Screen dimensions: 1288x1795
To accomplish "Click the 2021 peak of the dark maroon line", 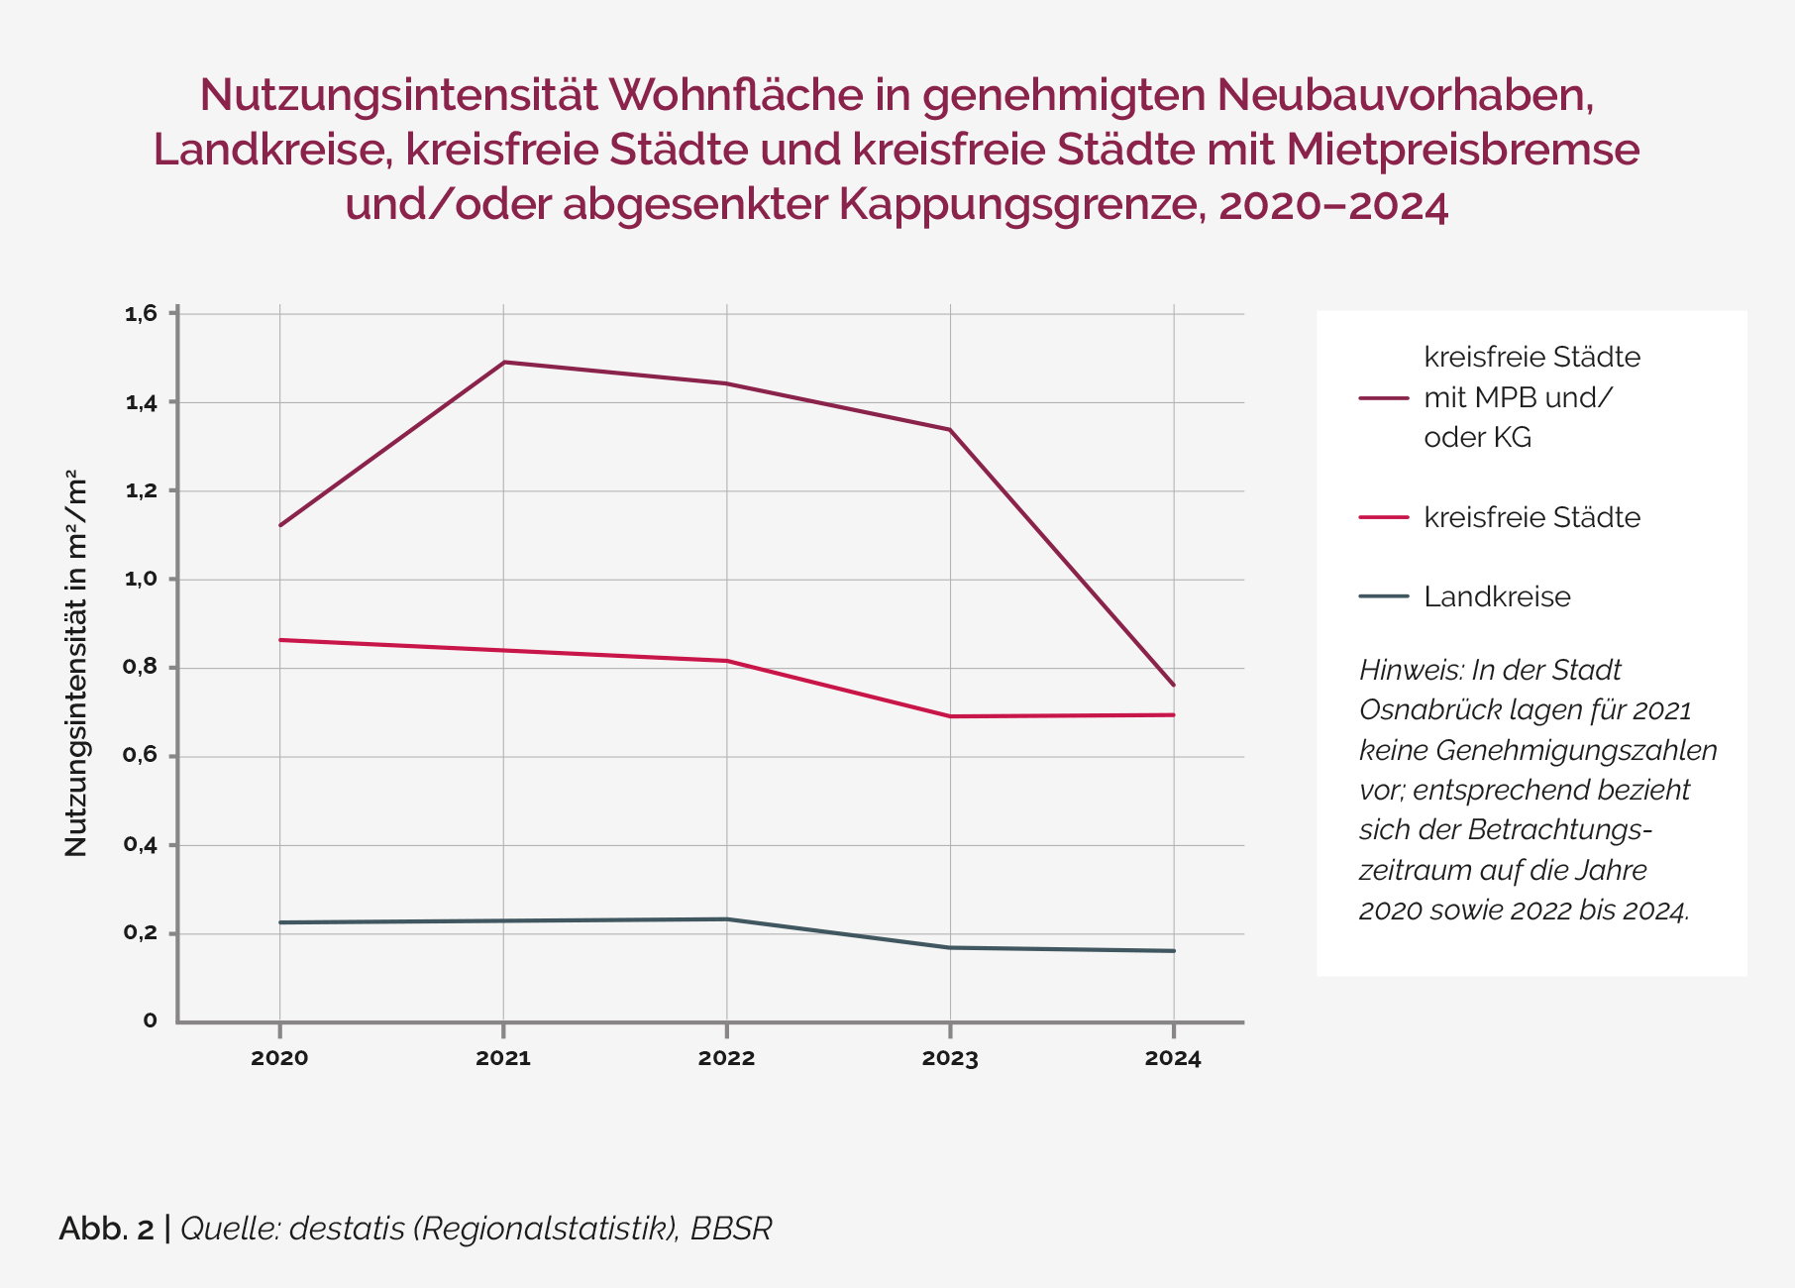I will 504,362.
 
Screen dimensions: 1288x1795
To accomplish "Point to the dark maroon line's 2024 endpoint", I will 1174,685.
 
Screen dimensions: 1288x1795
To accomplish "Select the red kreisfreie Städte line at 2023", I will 951,716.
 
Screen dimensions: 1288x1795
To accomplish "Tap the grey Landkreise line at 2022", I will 727,919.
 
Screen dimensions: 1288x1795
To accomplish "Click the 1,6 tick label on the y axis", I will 141,314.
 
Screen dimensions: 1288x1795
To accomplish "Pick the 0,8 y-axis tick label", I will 141,668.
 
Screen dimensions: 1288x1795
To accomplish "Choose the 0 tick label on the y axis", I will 151,1020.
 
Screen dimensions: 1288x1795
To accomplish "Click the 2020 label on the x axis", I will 279,1058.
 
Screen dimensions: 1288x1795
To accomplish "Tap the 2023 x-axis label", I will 950,1058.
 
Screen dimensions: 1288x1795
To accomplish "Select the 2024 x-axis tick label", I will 1173,1058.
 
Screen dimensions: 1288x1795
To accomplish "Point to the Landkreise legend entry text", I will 1497,596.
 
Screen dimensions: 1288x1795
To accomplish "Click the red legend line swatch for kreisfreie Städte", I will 1384,517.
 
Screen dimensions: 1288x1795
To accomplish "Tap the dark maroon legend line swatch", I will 1384,397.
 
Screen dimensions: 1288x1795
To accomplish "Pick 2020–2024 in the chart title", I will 1333,205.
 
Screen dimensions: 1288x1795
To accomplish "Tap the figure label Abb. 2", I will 106,1229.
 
